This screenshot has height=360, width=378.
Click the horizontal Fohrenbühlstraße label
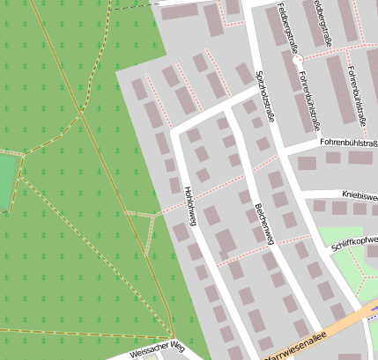tap(349, 141)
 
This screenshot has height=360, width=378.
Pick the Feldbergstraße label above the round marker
tap(284, 26)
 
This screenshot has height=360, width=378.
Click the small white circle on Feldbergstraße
tap(298, 58)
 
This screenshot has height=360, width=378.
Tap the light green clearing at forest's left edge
tap(7, 180)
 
